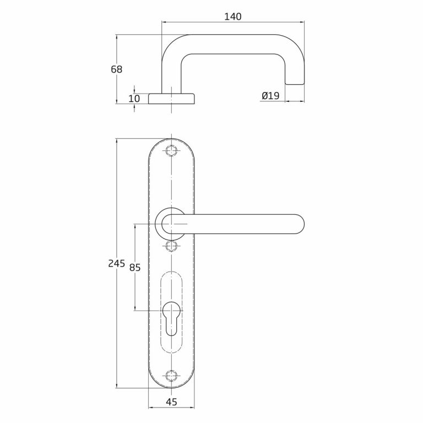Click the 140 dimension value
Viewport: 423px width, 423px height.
pos(233,17)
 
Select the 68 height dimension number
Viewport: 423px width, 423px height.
pos(117,69)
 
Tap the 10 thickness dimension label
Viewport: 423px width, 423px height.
pos(134,99)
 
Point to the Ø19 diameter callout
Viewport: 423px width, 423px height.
pos(270,95)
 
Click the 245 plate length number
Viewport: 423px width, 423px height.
pos(117,263)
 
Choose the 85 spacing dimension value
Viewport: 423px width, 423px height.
pos(135,267)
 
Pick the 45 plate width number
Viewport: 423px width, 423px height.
pos(171,402)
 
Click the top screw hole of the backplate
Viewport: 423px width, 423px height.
pos(171,150)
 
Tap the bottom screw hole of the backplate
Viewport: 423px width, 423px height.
pos(171,376)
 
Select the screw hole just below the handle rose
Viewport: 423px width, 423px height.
pos(171,246)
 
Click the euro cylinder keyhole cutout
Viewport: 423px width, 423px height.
pos(171,318)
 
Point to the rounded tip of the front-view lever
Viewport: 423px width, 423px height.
pos(300,224)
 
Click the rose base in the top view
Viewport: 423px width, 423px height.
pos(171,99)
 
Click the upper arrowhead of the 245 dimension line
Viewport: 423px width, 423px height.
pos(117,142)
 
